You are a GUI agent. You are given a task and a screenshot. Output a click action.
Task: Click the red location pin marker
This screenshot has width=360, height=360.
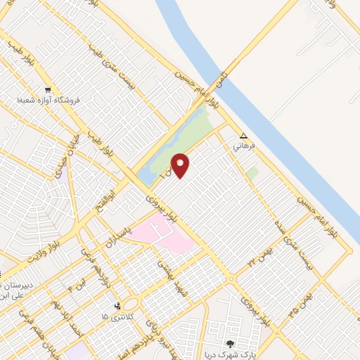click(x=181, y=165)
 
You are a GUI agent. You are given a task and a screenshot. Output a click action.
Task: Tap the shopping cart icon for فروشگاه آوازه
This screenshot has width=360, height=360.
click(x=48, y=90)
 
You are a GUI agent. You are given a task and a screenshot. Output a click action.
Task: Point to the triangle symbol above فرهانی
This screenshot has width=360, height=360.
click(x=243, y=136)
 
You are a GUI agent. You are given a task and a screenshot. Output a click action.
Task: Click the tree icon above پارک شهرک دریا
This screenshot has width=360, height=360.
click(x=229, y=344)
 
